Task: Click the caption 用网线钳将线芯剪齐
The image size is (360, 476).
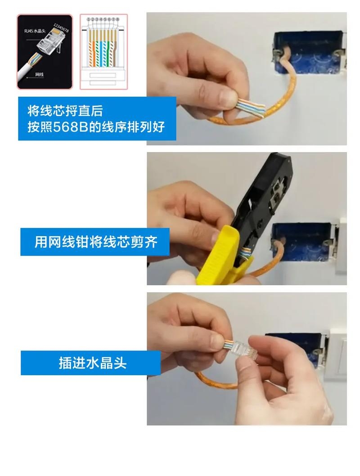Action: tap(96, 242)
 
